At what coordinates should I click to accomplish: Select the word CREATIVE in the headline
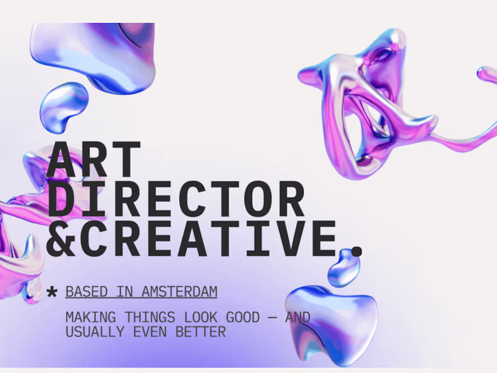click(x=210, y=238)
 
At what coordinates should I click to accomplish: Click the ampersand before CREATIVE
click(x=62, y=238)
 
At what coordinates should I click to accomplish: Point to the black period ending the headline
click(x=357, y=251)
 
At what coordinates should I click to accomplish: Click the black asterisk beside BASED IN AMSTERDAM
click(x=52, y=293)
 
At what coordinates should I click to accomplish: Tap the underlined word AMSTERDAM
click(x=179, y=292)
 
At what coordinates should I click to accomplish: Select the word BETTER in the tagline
click(x=201, y=332)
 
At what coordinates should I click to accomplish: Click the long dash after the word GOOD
click(x=272, y=318)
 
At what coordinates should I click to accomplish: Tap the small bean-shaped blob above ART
click(x=64, y=107)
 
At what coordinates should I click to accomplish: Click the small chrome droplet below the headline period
click(x=345, y=269)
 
